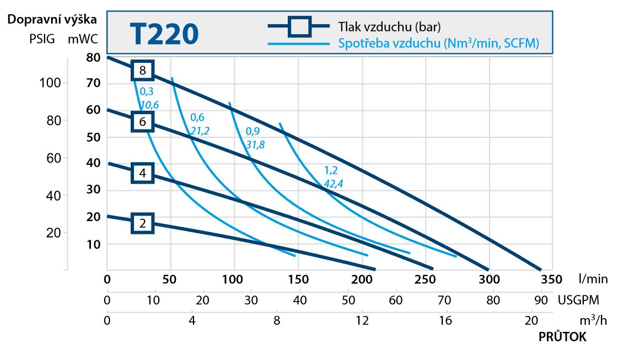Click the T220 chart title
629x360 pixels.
click(164, 34)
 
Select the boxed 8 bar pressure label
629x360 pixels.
click(142, 71)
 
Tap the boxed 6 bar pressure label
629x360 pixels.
click(142, 122)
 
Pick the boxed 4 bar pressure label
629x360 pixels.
click(142, 173)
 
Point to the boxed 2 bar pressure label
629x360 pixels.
click(142, 223)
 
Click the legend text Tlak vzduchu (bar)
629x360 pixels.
click(389, 27)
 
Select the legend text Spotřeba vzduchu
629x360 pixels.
click(389, 43)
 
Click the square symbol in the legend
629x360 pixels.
click(300, 27)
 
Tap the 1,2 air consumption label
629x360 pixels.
click(331, 170)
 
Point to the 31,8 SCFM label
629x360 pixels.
click(255, 144)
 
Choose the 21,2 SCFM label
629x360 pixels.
click(200, 131)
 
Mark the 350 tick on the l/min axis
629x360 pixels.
click(552, 280)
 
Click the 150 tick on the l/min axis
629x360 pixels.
click(298, 280)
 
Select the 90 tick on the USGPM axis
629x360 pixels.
click(541, 300)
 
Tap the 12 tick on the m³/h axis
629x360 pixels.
click(362, 320)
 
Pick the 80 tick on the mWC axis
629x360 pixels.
click(94, 57)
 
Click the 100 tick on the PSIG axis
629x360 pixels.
click(50, 83)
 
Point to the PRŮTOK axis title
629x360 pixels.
click(562, 337)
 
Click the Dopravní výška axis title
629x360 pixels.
click(52, 20)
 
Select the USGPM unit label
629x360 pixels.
click(578, 300)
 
